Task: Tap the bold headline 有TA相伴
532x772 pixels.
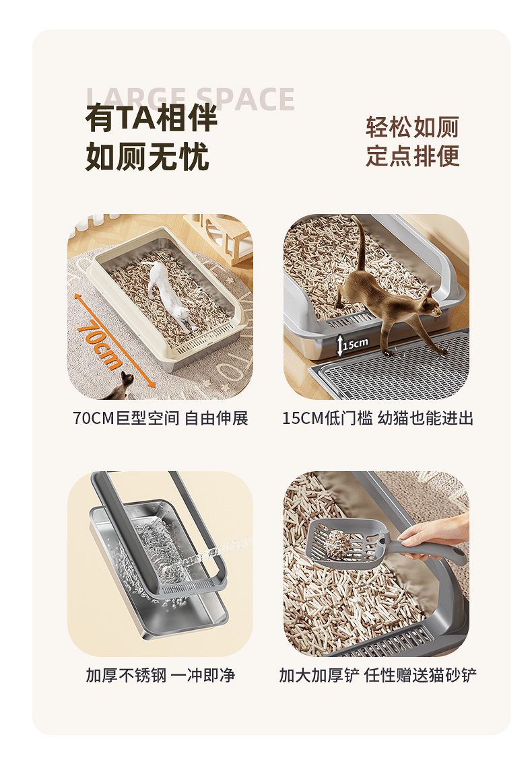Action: [152, 118]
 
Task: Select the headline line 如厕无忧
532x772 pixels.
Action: [147, 157]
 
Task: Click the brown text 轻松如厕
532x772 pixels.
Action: [412, 127]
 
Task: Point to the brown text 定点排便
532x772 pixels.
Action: [412, 156]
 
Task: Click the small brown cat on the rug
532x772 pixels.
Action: [121, 387]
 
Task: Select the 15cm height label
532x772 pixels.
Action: [356, 344]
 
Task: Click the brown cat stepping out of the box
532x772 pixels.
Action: [389, 300]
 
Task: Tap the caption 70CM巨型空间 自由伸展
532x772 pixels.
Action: [160, 418]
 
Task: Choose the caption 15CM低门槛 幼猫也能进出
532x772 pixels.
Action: [377, 418]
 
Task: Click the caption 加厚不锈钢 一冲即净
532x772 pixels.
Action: [160, 675]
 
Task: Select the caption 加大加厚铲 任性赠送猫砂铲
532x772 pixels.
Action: [378, 675]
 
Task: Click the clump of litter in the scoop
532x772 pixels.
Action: [338, 544]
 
